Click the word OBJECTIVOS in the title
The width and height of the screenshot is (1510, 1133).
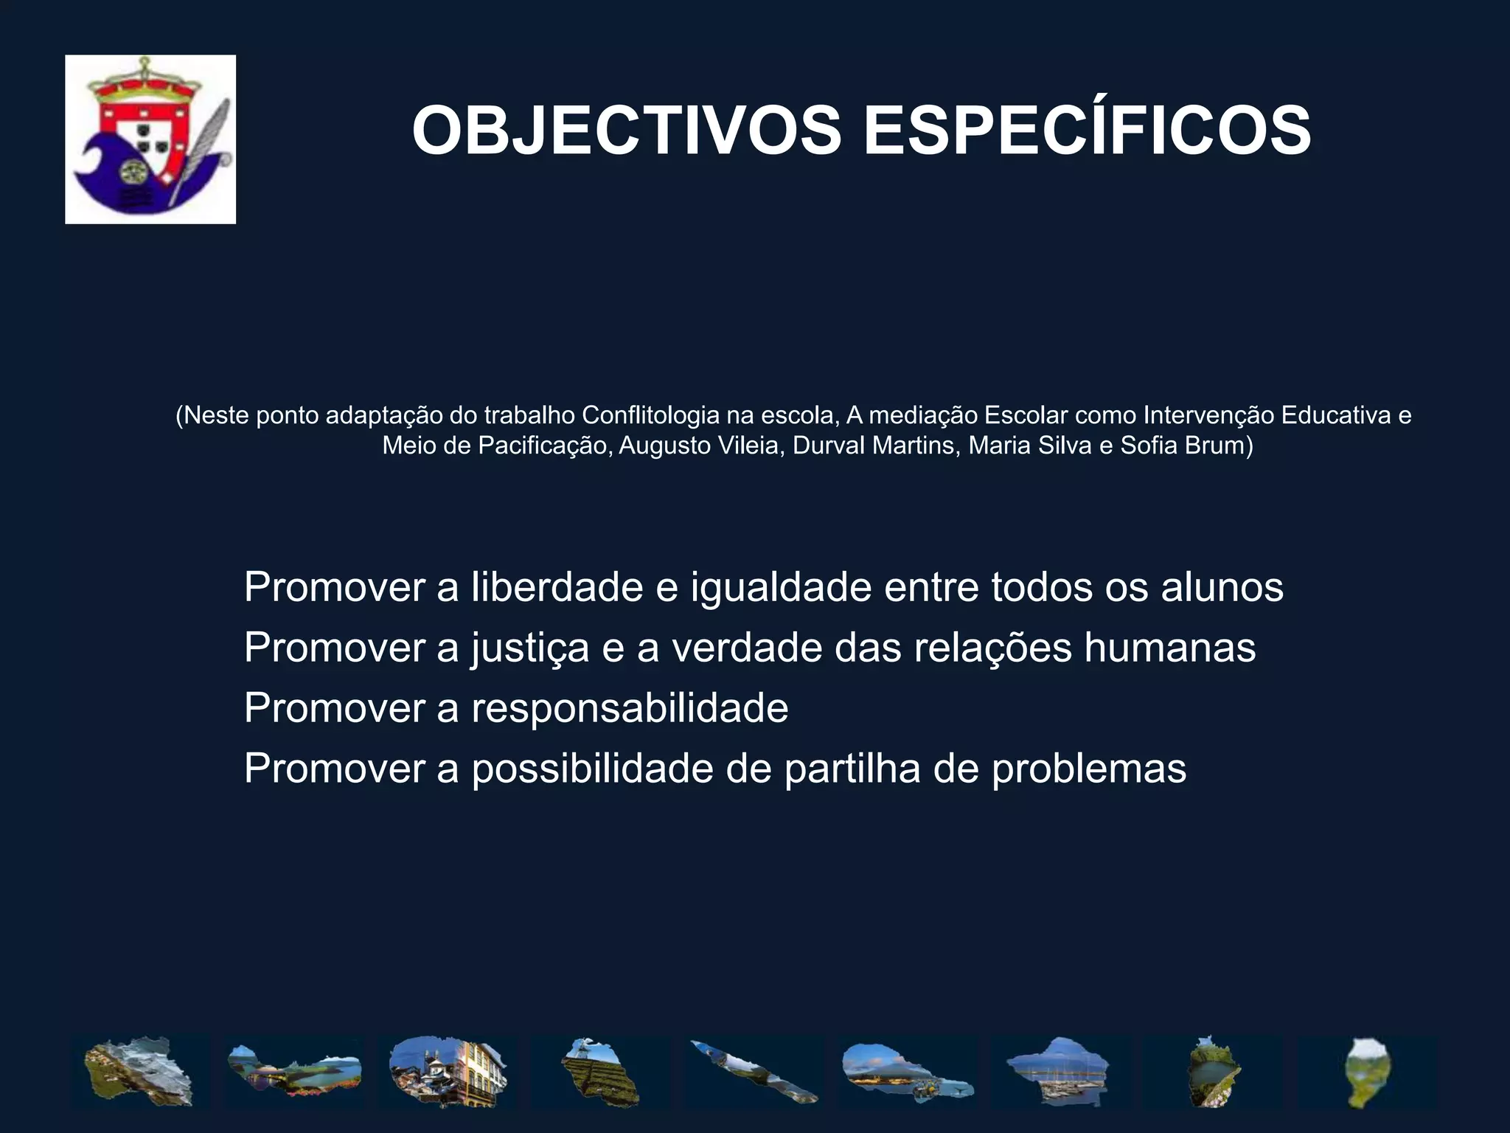626,131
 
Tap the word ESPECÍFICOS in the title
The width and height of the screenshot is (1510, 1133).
1086,131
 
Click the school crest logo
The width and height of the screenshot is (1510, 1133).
150,139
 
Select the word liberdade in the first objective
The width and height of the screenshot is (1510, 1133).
557,587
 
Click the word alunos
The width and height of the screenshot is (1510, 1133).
1222,587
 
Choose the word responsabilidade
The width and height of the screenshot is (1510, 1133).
630,708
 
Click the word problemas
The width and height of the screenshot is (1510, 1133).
1088,769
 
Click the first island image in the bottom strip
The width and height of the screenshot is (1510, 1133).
139,1071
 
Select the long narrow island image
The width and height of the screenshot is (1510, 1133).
754,1071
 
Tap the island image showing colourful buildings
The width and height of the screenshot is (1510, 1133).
448,1071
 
